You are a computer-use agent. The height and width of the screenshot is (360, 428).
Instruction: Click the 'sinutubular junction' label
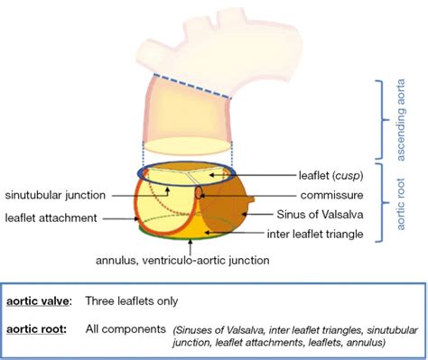coord(55,194)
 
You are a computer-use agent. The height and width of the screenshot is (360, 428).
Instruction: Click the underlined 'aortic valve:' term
coord(36,300)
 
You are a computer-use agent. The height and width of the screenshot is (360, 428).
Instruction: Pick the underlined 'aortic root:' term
coord(34,329)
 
